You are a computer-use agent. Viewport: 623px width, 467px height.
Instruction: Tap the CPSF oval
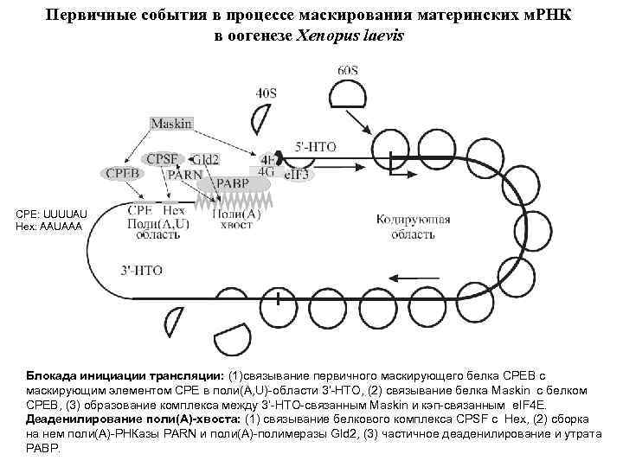163,159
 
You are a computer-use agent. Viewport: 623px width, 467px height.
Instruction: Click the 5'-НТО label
316,147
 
